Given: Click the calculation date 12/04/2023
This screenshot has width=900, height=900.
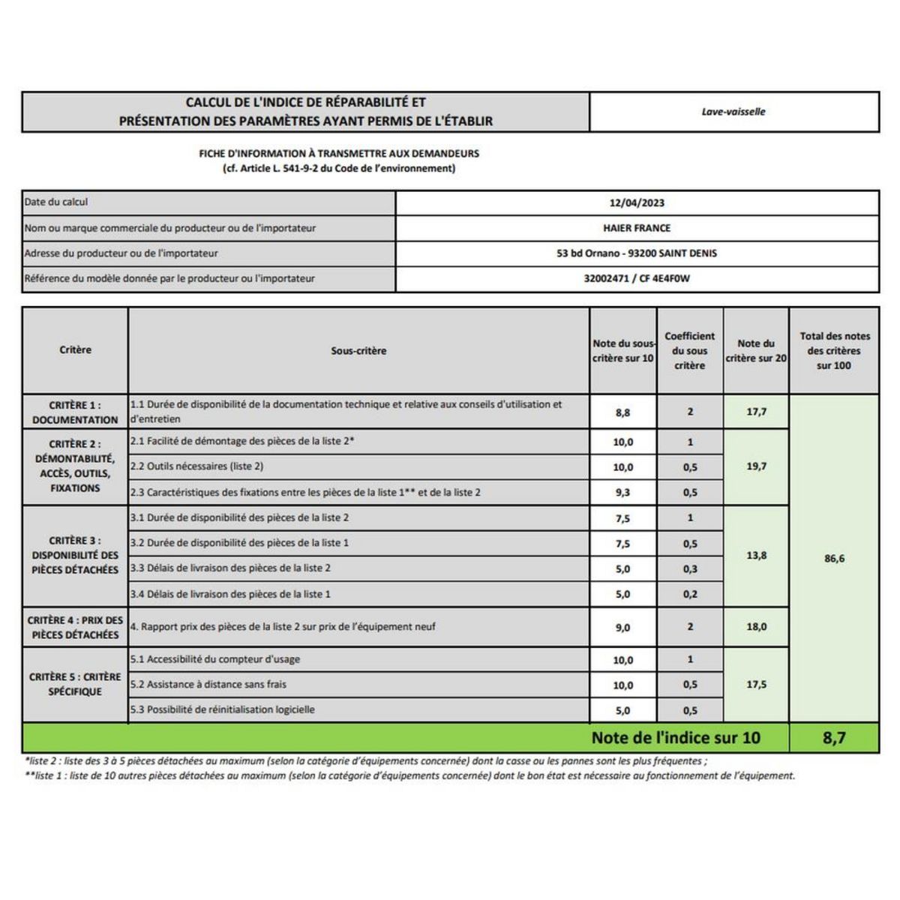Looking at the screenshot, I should tap(637, 202).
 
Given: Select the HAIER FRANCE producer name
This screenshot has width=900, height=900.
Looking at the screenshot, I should tap(637, 228).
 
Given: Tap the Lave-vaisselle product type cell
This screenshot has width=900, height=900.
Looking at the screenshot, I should tap(733, 112).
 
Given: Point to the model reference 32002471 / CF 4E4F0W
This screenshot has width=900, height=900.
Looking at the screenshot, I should tap(637, 278).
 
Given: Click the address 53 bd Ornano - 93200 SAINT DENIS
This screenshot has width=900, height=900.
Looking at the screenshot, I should tap(637, 253).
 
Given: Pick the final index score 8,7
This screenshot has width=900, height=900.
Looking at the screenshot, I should tap(834, 738).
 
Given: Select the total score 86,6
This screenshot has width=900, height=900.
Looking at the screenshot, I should tap(834, 559).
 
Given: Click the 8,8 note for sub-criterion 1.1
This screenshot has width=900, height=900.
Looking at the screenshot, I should tap(623, 412).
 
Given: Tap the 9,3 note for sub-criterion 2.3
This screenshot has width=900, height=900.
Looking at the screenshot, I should tap(623, 493).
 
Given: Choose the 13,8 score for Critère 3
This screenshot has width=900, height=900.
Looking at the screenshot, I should tap(756, 556).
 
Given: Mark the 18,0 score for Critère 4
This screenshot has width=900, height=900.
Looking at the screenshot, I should tap(756, 627).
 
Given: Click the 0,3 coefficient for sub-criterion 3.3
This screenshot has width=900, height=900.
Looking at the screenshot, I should tap(690, 569).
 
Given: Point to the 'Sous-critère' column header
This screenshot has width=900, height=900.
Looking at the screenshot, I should tap(358, 350).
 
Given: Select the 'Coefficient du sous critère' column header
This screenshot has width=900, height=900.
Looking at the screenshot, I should tap(690, 350).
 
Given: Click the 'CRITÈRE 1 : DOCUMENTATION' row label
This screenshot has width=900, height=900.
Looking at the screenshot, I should tap(75, 412).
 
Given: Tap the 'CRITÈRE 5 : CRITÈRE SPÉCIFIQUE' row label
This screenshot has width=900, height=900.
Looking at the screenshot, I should tap(75, 684).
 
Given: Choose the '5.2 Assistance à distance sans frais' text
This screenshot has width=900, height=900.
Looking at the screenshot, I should tap(208, 685).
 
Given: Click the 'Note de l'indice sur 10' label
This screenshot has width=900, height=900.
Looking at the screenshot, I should tap(676, 738).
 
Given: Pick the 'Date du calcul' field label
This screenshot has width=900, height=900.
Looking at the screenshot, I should tap(56, 202).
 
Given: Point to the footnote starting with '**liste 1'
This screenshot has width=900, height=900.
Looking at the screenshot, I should tap(409, 776).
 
